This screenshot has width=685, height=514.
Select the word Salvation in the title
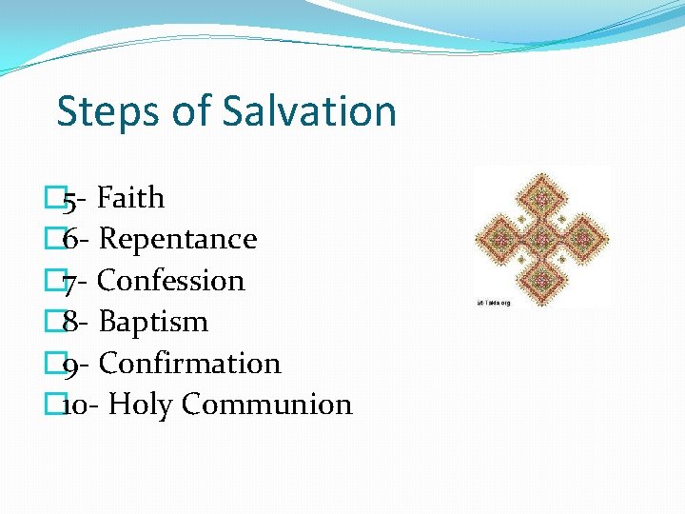[309, 111]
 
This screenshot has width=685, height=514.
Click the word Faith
[131, 198]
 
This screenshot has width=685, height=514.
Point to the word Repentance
[178, 239]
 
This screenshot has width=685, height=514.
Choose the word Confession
[171, 281]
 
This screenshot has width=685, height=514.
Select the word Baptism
[153, 322]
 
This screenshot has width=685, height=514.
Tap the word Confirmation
[189, 364]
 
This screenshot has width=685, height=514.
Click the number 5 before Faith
[69, 200]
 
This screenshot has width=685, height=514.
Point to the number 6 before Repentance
[70, 239]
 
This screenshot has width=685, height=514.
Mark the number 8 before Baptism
[70, 322]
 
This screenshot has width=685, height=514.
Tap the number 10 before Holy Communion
[75, 405]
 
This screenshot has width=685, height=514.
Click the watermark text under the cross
[494, 303]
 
